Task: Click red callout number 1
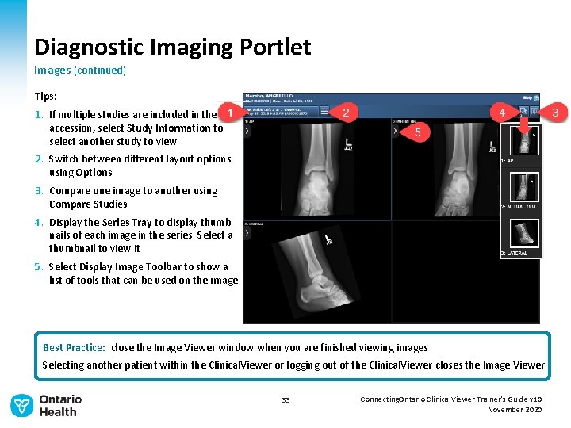(229, 113)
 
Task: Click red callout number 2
(345, 113)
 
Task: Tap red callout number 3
(554, 113)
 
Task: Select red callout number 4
(502, 113)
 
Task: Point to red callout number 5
(418, 132)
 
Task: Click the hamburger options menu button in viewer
(535, 112)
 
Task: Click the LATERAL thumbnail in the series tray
(524, 233)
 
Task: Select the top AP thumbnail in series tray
(524, 139)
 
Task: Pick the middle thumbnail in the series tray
(524, 187)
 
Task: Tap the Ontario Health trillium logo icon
(21, 406)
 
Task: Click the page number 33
(285, 400)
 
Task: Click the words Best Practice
(74, 348)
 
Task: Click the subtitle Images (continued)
(79, 71)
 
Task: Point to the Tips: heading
(46, 96)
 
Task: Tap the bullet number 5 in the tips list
(38, 267)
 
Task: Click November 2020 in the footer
(515, 410)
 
